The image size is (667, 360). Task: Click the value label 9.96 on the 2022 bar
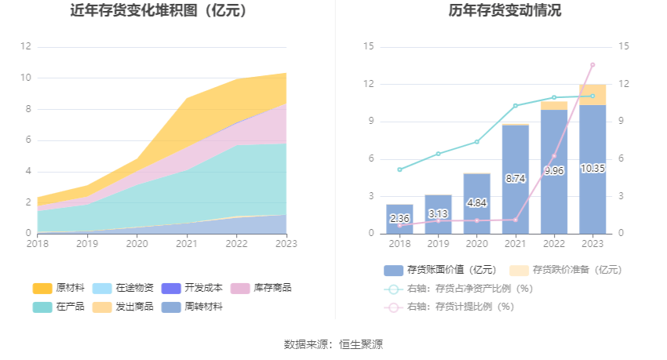554,170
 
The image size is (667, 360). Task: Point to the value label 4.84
476,202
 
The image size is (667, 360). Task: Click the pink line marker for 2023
592,64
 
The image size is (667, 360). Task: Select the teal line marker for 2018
399,169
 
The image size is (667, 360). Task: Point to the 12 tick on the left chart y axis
26,46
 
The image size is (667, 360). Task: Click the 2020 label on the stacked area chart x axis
137,244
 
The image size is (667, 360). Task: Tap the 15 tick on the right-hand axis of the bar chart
625,46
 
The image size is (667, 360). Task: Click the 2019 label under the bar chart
438,244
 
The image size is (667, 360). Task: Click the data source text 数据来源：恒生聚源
333,344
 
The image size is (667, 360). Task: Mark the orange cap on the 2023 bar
592,94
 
